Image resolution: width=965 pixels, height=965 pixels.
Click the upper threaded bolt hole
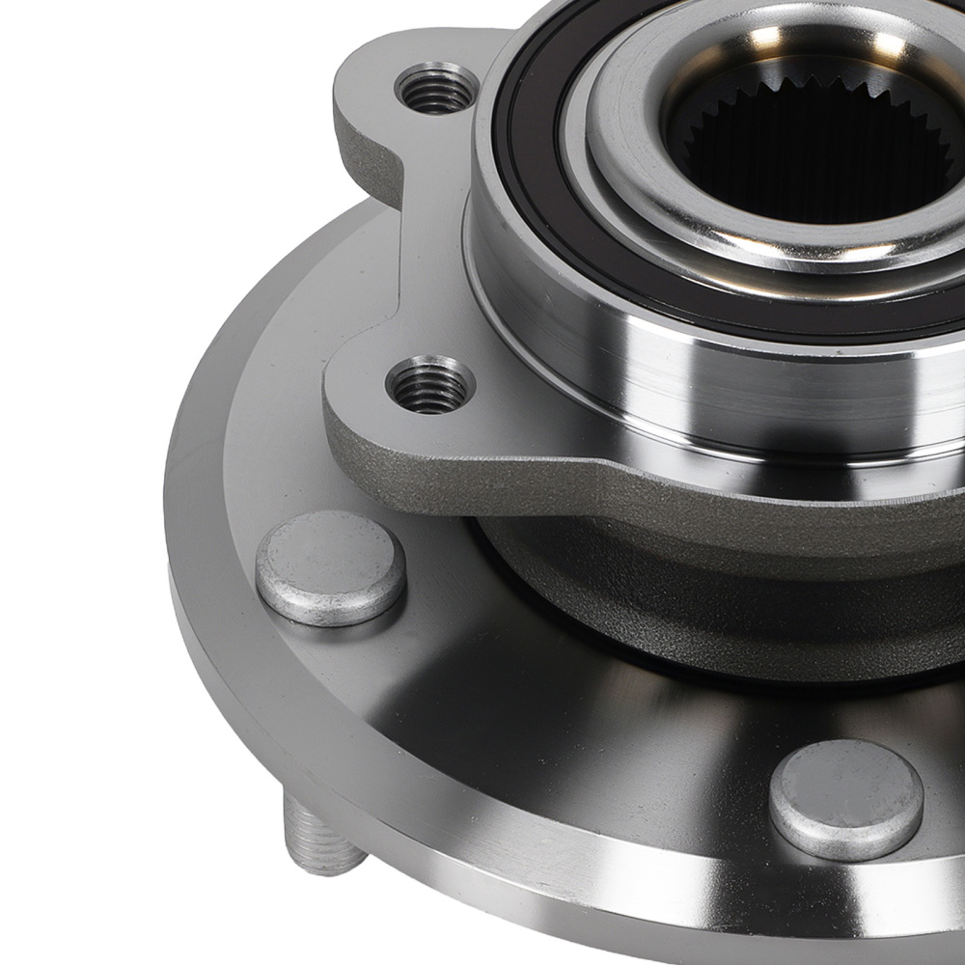coord(436,90)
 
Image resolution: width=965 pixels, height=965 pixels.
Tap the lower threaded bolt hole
coord(430,385)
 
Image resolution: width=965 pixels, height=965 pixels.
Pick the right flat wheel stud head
coord(846,799)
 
